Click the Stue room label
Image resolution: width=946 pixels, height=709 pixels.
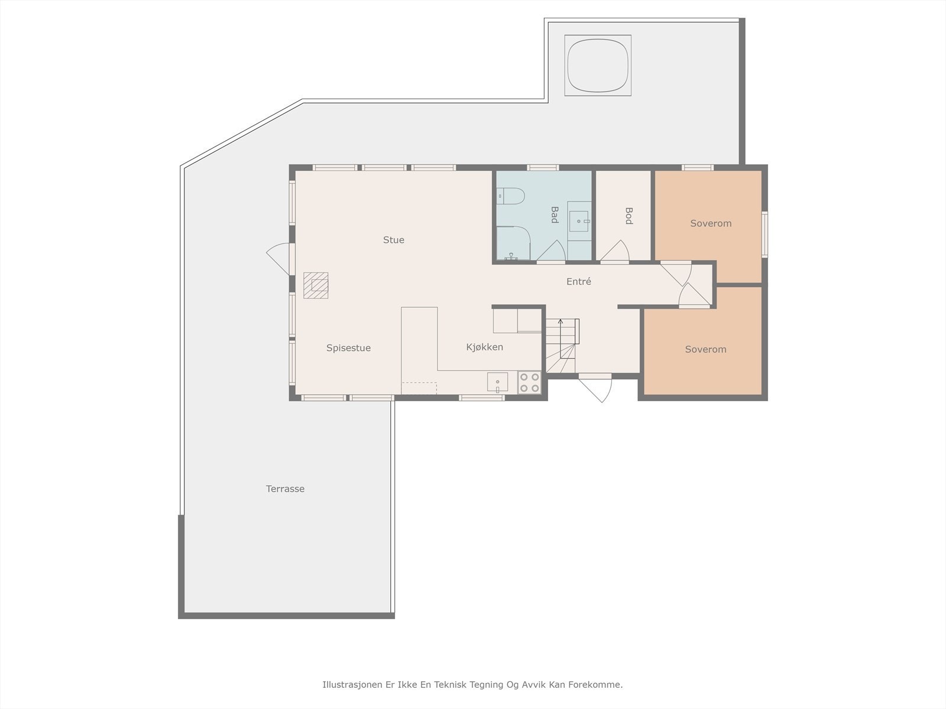point(394,240)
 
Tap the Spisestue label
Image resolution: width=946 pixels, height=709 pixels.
point(348,348)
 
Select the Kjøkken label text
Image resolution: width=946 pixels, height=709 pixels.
point(484,347)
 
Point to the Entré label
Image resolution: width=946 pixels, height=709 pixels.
point(578,281)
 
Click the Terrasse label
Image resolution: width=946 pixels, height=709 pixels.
point(285,489)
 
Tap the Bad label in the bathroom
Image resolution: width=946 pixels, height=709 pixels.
point(555,215)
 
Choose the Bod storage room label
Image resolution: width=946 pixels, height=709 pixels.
point(629,216)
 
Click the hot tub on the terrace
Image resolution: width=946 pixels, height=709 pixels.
point(598,66)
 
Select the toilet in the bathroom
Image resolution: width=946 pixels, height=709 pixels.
point(510,196)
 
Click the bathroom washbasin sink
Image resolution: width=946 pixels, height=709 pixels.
point(579,221)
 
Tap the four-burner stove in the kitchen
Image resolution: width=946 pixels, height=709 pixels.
point(529,383)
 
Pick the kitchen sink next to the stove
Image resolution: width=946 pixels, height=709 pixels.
point(497,382)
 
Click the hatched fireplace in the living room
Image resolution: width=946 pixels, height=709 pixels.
point(316,285)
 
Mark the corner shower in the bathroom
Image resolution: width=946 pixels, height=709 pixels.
point(513,243)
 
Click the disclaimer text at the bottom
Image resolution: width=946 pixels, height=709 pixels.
point(472,684)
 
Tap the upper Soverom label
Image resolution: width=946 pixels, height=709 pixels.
point(711,223)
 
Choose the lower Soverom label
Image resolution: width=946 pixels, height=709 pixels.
point(705,349)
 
